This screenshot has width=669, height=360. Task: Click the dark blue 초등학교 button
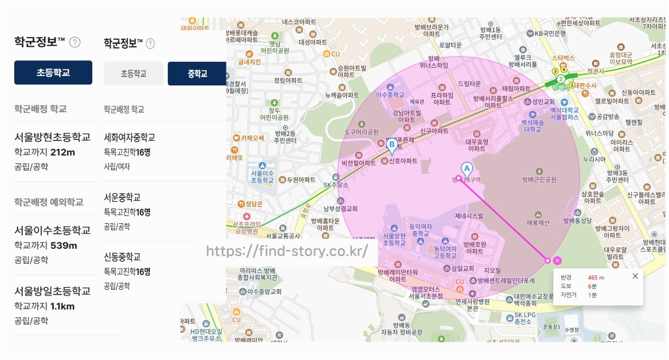53,73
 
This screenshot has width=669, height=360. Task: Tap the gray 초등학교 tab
133,74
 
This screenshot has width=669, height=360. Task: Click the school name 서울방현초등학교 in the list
52,138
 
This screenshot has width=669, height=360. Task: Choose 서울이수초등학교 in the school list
52,230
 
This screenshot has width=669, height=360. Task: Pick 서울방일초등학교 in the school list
52,291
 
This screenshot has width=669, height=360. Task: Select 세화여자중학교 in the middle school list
130,138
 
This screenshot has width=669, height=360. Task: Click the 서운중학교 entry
122,197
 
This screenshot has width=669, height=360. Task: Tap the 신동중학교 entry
122,257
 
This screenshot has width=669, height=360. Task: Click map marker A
466,169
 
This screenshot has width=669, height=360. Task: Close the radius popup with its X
635,276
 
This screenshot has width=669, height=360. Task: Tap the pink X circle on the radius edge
557,260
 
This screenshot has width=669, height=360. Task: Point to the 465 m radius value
596,277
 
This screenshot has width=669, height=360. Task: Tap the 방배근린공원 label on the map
539,179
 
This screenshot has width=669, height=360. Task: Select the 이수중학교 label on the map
390,95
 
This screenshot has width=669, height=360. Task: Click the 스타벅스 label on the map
563,57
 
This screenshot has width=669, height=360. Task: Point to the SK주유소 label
336,185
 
